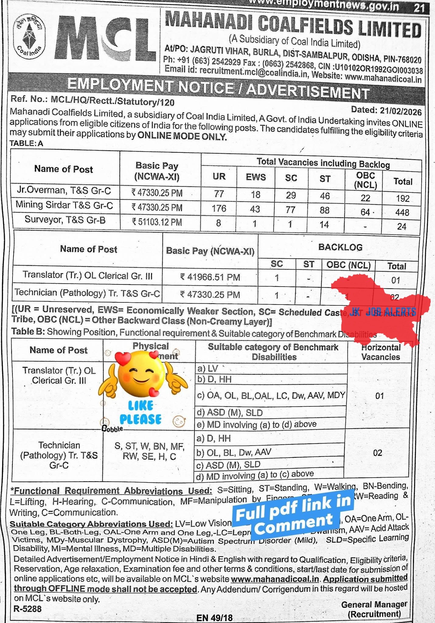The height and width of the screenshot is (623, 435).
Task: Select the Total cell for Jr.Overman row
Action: coord(402,198)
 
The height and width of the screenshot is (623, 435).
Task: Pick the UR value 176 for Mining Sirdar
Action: coord(219,208)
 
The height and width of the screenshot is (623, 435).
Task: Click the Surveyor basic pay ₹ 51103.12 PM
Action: coord(157,222)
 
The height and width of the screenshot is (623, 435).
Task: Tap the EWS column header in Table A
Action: coord(256,177)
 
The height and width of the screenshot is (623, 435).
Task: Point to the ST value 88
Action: coord(325,210)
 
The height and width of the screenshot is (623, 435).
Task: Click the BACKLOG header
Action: coord(340,247)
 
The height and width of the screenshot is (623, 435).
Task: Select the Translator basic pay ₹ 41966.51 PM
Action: coord(210,277)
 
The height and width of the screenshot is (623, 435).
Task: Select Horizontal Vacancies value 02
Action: coord(378,453)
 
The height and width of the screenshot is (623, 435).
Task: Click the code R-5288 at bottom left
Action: coord(27,609)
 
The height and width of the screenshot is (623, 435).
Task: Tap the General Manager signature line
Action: coord(374,605)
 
